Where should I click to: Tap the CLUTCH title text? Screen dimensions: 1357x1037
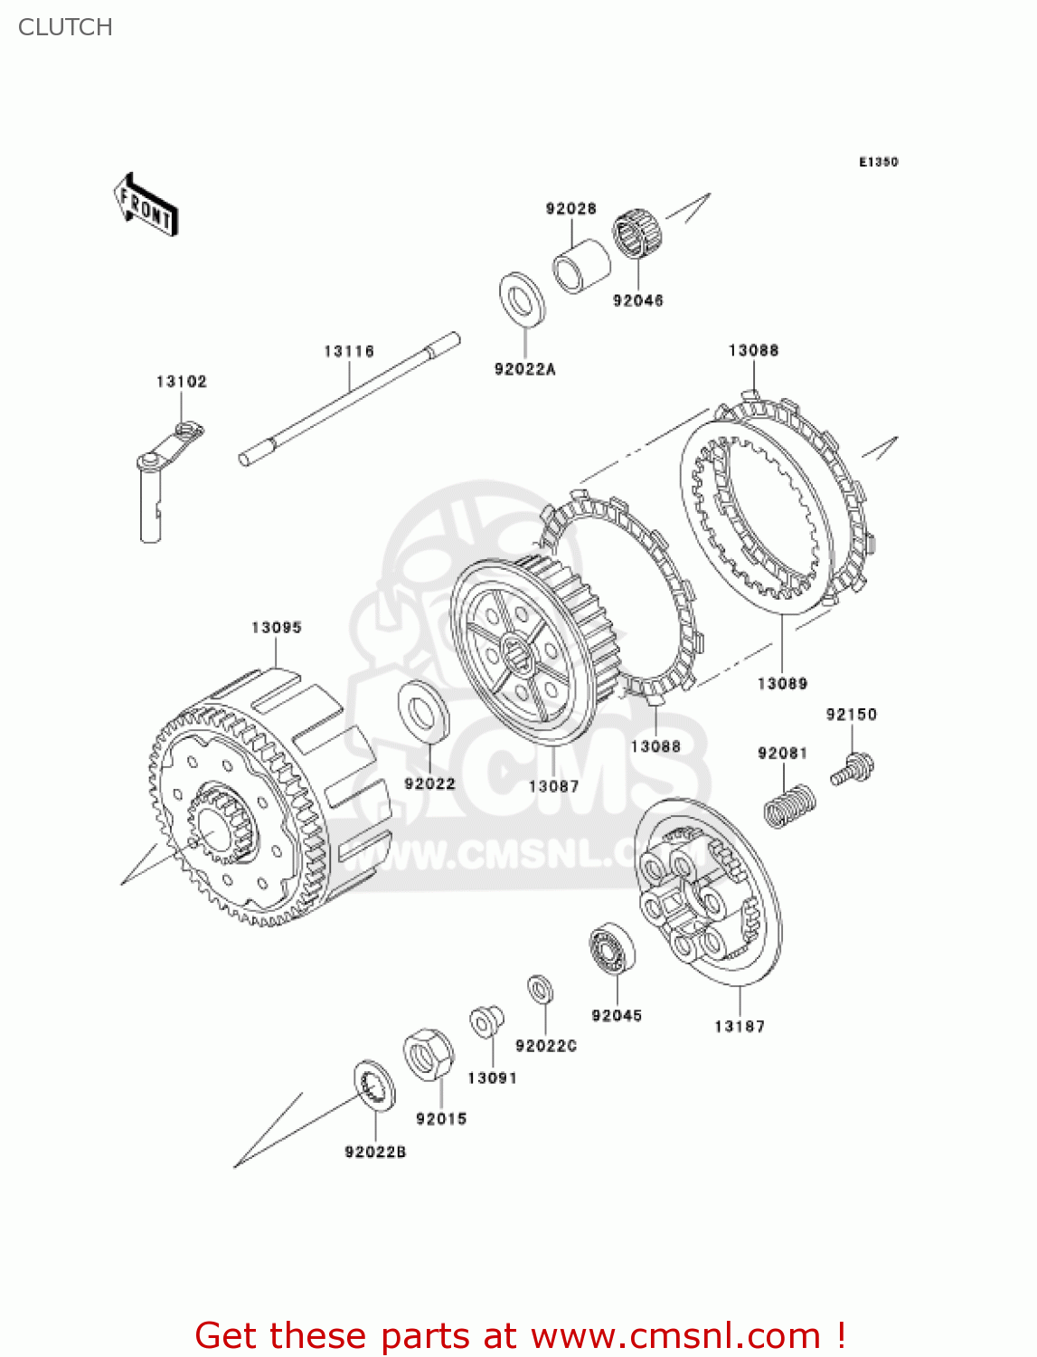[x=65, y=27]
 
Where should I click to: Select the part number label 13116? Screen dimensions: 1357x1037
[x=349, y=351]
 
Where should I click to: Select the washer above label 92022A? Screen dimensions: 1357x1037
[x=523, y=299]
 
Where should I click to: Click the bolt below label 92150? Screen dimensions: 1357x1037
[x=853, y=771]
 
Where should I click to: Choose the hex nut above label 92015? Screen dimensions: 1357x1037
[x=429, y=1054]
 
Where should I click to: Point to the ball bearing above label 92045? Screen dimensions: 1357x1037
[x=612, y=950]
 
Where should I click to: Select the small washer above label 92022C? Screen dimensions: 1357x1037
[x=541, y=989]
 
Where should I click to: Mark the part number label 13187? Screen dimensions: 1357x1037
[x=739, y=1027]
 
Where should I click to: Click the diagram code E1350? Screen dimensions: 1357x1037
[x=878, y=162]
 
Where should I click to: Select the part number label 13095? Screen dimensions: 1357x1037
[x=277, y=628]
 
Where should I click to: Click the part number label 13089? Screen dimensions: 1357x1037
[x=782, y=684]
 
